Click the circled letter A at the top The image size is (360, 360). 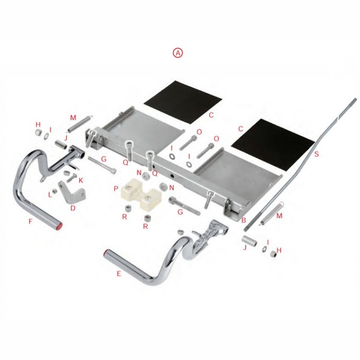tap(178, 53)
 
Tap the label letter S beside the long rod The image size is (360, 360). tap(316, 154)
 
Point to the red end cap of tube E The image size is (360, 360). tap(106, 253)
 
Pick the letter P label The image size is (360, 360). tap(116, 189)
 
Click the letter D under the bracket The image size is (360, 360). tap(73, 208)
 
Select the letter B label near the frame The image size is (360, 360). tap(243, 220)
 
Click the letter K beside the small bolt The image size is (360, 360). tap(81, 180)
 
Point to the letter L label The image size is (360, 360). tap(50, 195)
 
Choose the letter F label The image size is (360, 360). tap(30, 221)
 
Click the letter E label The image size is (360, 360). tap(119, 274)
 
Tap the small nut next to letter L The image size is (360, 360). tap(54, 191)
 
